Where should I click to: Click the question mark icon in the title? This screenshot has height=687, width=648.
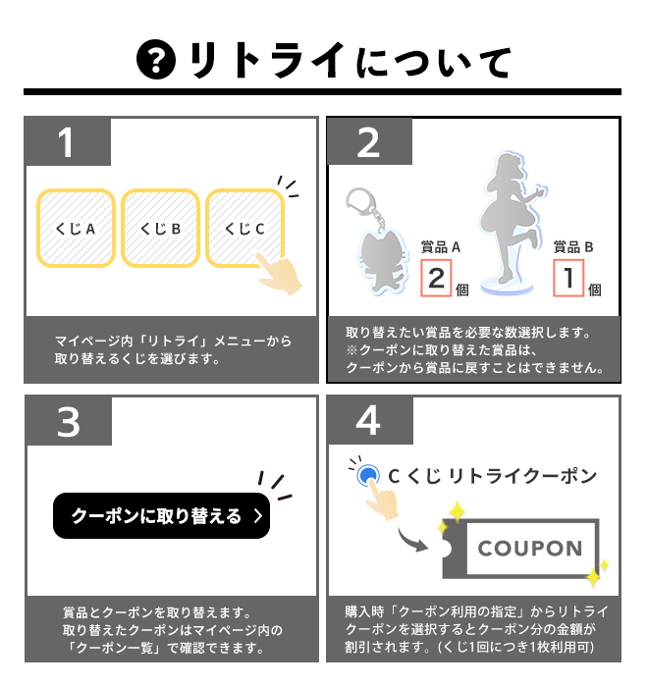pos(156,60)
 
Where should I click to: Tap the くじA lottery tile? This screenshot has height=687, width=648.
pos(76,229)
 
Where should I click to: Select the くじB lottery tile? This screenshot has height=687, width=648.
pos(160,229)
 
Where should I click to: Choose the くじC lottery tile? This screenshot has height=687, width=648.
pos(245,229)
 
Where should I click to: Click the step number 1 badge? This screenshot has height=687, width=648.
pos(68,142)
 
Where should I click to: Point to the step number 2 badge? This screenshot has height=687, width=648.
pos(369,142)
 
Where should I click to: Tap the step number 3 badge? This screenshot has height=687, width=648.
pos(69,421)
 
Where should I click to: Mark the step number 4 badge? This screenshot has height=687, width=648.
pos(369,421)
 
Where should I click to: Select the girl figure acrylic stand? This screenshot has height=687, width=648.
pos(511,223)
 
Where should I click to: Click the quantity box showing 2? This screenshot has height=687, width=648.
pos(436,278)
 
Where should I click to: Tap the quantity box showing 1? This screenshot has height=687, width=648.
pos(568,278)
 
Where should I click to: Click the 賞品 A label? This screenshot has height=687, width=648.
pos(441,247)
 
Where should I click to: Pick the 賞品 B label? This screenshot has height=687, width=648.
pos(573,247)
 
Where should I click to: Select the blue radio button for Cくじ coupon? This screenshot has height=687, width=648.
pos(368,475)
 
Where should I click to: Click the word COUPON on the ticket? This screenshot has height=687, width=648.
pos(530,548)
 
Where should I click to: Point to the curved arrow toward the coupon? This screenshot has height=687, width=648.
pos(411,541)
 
